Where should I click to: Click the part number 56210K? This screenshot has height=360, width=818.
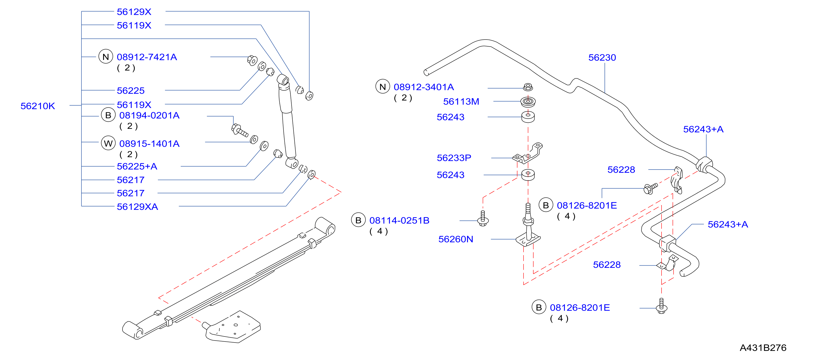pos(38,106)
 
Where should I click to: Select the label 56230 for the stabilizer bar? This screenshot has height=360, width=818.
pos(602,57)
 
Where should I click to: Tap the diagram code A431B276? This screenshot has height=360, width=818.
pos(763,348)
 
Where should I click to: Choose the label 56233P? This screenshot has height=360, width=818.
pos(454,158)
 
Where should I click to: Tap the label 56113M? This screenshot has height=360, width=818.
pos(461,102)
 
